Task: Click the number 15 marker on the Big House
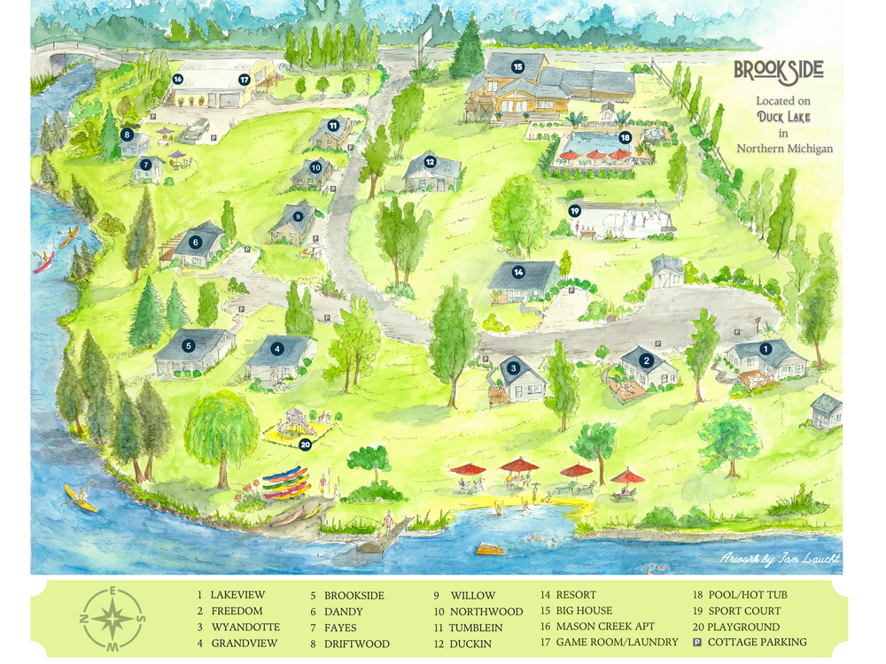pyautogui.click(x=517, y=66)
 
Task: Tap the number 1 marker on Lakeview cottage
pyautogui.click(x=766, y=349)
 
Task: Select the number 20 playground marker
pyautogui.click(x=306, y=445)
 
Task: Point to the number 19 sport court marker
pyautogui.click(x=575, y=211)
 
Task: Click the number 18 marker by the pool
pyautogui.click(x=626, y=137)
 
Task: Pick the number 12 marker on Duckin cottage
pyautogui.click(x=430, y=162)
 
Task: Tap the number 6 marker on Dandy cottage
pyautogui.click(x=195, y=242)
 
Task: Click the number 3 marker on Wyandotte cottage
pyautogui.click(x=514, y=368)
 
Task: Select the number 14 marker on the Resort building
pyautogui.click(x=518, y=272)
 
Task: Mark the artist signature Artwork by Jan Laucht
pyautogui.click(x=780, y=559)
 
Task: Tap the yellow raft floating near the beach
pyautogui.click(x=489, y=549)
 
